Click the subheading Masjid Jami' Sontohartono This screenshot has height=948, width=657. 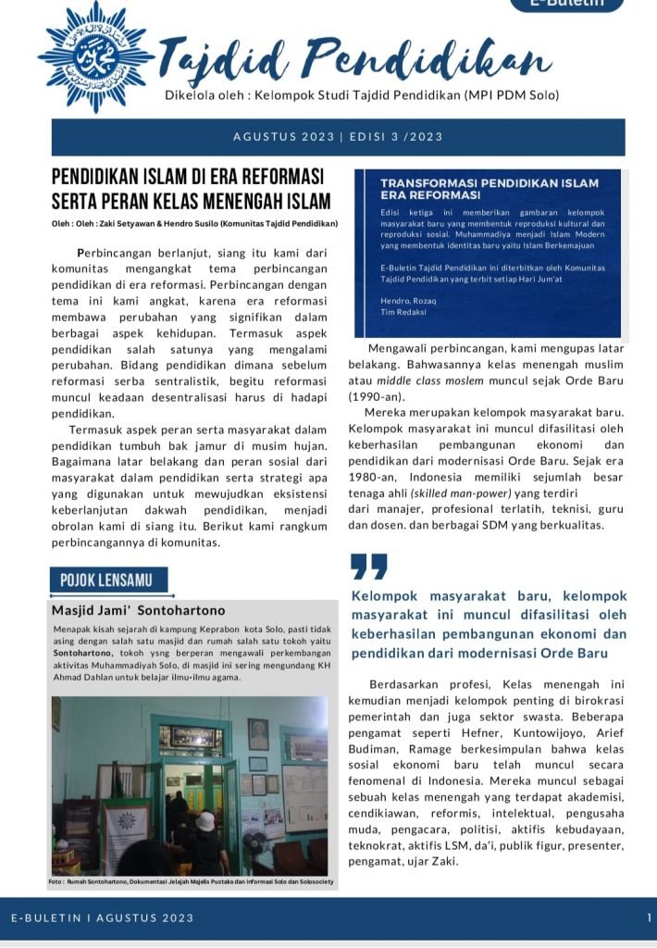[x=138, y=611]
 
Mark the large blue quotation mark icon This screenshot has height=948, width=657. [x=369, y=566]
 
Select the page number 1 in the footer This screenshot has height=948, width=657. [x=649, y=917]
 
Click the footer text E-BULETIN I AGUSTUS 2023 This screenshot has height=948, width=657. [x=103, y=917]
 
